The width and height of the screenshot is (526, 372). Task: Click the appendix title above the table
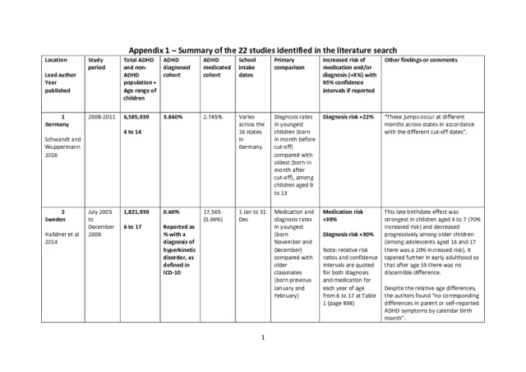click(263, 49)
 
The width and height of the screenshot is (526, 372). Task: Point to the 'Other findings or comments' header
click(421, 60)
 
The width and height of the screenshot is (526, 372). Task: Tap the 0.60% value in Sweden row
click(171, 212)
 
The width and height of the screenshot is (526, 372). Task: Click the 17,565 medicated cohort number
click(213, 212)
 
